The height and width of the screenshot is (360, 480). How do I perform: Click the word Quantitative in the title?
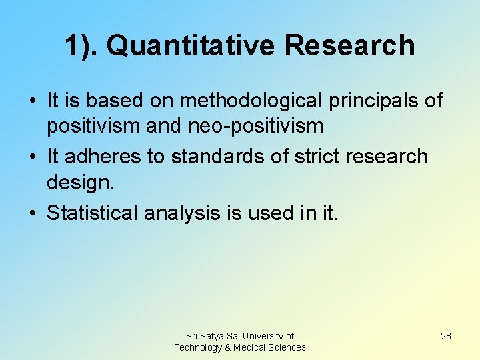[191, 46]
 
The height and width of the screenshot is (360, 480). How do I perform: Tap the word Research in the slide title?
[349, 46]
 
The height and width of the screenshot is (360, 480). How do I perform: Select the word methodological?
[247, 101]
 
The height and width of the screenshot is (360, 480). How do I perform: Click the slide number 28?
[446, 336]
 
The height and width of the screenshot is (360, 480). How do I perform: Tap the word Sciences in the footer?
[287, 347]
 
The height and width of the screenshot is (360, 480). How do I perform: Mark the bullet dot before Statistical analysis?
[33, 213]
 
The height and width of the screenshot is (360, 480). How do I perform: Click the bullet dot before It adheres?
[33, 156]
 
